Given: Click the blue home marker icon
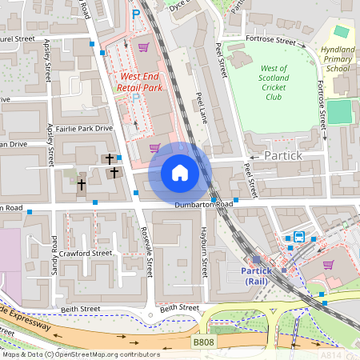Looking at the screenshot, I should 180,173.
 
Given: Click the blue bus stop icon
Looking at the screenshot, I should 298,237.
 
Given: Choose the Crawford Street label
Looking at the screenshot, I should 86,254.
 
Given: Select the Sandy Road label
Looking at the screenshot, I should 54,253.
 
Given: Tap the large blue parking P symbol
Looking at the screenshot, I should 135,14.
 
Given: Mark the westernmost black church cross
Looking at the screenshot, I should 82,184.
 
